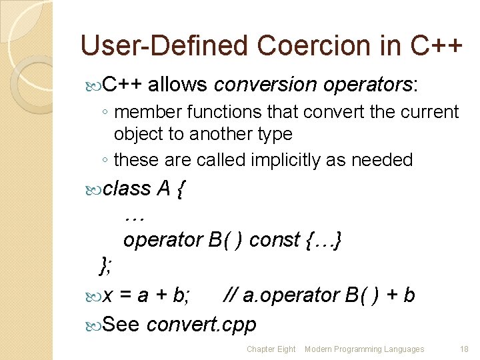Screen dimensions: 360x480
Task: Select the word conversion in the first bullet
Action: pos(265,85)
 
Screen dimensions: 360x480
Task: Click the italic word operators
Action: pos(369,85)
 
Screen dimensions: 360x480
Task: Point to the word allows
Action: pos(179,85)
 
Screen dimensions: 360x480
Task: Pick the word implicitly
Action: pos(297,160)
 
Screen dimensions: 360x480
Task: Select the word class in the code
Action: pos(128,189)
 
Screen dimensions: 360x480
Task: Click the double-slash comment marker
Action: pos(229,295)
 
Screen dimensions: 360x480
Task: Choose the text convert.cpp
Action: pos(201,324)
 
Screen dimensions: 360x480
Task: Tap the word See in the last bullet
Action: pos(122,324)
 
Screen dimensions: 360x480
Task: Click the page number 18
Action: pos(464,349)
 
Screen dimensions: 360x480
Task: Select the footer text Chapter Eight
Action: pos(271,349)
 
